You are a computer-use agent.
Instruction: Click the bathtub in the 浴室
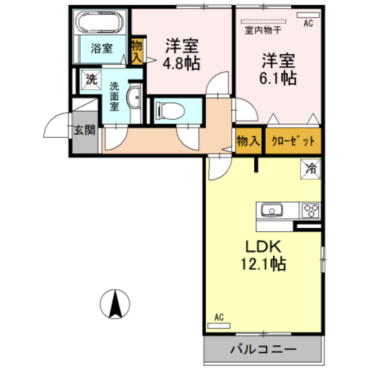(x=100, y=22)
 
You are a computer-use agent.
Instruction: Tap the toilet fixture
(x=170, y=110)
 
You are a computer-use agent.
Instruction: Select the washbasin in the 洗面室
(x=134, y=97)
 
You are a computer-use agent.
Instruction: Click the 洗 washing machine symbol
(x=91, y=80)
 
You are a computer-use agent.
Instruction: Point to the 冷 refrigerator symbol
(x=310, y=169)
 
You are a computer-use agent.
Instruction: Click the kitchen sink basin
(x=272, y=210)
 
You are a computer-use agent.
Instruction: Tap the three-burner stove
(x=311, y=210)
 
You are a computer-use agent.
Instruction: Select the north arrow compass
(x=115, y=304)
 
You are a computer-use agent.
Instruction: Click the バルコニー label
(x=263, y=349)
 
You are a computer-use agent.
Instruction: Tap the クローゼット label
(x=293, y=141)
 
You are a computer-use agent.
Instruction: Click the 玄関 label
(x=85, y=130)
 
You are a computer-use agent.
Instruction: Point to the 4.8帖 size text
(x=182, y=63)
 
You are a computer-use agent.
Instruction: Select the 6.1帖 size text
(x=278, y=78)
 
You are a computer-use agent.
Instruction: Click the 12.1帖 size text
(x=263, y=264)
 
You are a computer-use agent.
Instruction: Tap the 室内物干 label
(x=263, y=31)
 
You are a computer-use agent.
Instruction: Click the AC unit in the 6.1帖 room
(x=308, y=15)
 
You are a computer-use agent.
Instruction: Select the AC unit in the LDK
(x=219, y=326)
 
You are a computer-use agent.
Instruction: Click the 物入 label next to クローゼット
(x=248, y=141)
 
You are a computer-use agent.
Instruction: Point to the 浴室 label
(x=102, y=48)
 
